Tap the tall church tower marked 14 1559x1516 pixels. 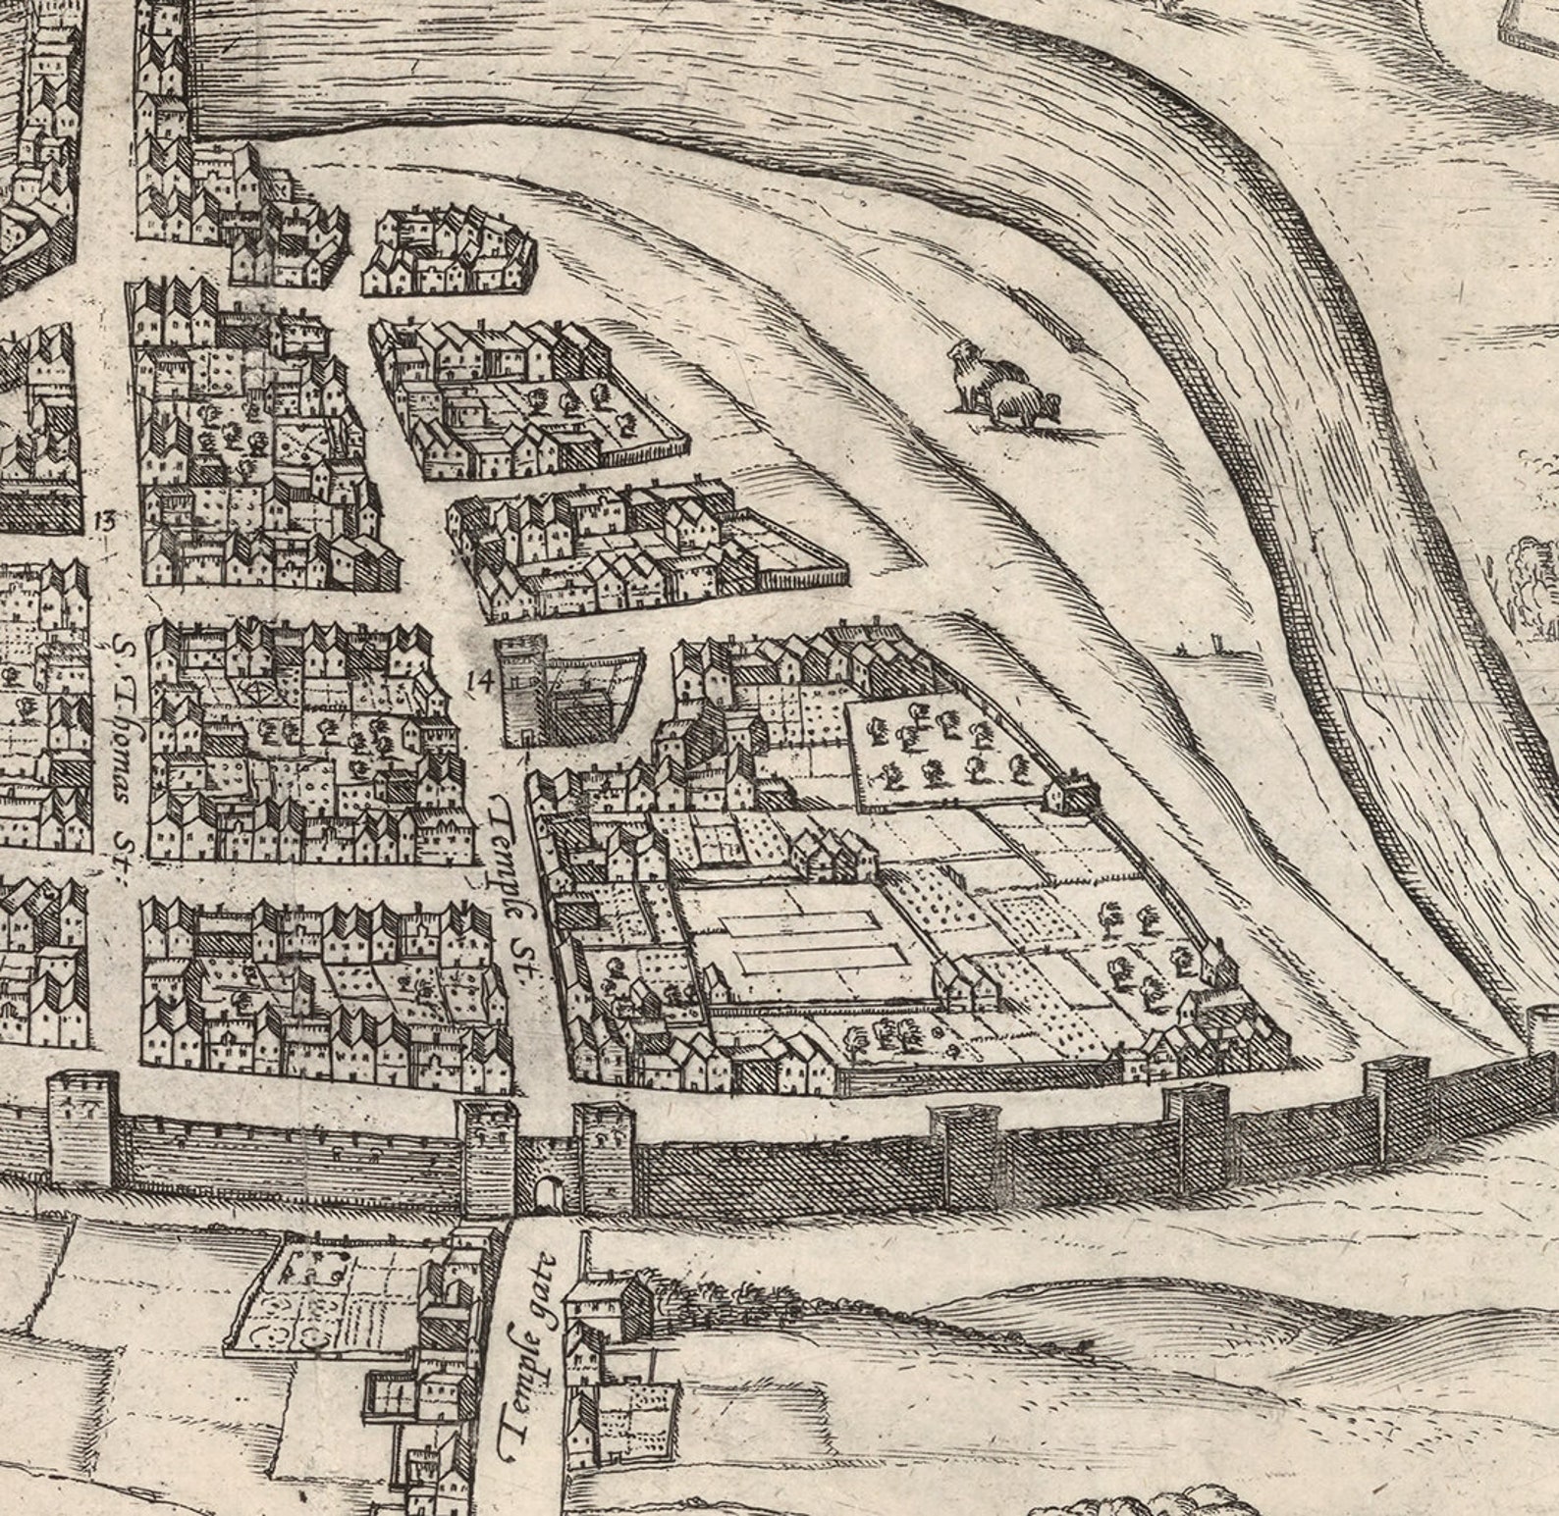tap(521, 689)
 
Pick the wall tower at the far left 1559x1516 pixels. tap(82, 1128)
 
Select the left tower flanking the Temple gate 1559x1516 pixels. tap(488, 1158)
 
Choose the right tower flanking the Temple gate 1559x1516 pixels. tap(604, 1158)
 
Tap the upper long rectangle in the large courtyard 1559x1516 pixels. tap(798, 921)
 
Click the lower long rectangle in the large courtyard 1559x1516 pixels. tap(820, 957)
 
